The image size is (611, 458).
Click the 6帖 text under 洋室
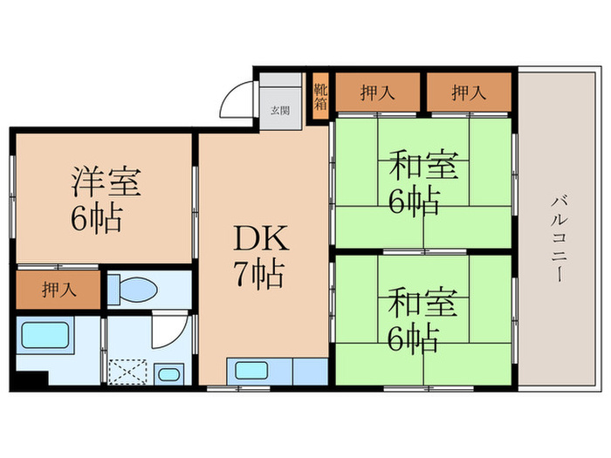96,218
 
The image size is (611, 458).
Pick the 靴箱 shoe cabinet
320,92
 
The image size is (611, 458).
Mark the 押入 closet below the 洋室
58,290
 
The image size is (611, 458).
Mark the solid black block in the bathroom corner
33,382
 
